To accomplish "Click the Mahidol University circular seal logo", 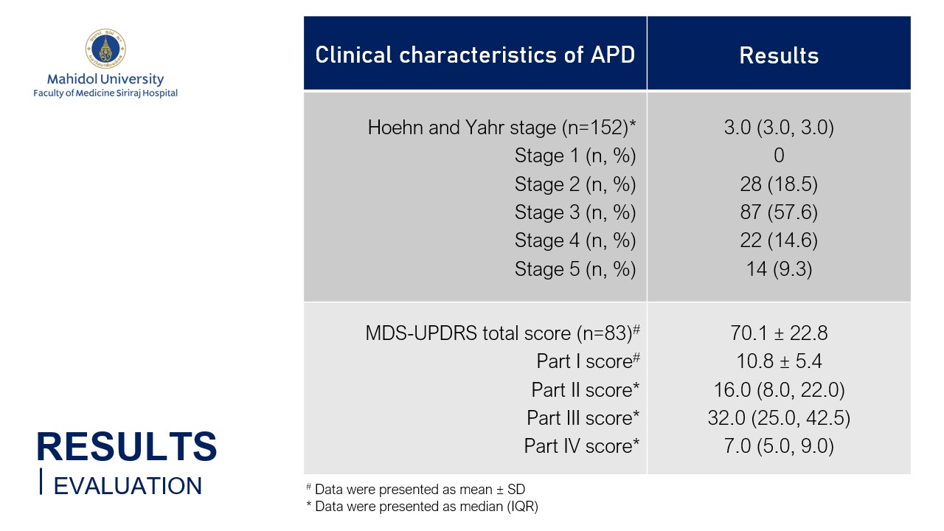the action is click(x=105, y=49).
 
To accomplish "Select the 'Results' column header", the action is click(x=779, y=55).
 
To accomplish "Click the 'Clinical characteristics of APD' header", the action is click(x=475, y=55).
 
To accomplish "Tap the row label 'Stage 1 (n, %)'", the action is click(x=575, y=156).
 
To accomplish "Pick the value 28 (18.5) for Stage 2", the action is click(x=779, y=184).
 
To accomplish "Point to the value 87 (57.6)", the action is click(x=779, y=212).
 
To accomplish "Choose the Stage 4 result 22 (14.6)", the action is click(x=779, y=240).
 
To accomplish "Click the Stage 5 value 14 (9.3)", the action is click(x=779, y=269).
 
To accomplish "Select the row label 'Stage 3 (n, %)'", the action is click(x=575, y=212).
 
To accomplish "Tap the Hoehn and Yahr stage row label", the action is click(x=502, y=128).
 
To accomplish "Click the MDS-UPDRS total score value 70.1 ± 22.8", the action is click(x=779, y=333).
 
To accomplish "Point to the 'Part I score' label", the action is click(x=588, y=361).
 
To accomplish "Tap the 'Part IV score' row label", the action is click(x=582, y=446).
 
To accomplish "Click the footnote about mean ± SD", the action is click(x=415, y=489).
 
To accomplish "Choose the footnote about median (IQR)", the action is click(x=423, y=506).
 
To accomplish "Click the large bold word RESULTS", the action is click(x=126, y=446).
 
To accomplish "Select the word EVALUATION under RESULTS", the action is click(x=128, y=486).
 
